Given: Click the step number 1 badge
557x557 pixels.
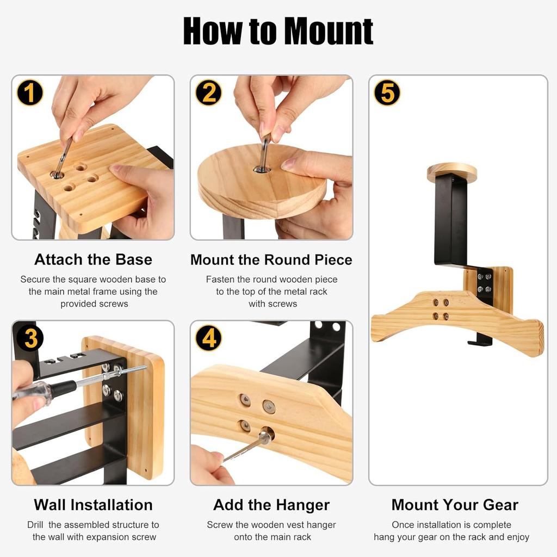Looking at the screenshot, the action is pos(30,92).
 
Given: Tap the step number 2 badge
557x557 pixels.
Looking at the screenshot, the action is pos(209,92).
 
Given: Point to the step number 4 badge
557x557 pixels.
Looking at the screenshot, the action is pos(209,338).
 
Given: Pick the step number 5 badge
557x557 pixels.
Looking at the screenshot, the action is pos(387,92).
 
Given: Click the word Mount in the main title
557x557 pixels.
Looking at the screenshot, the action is pos(329,31).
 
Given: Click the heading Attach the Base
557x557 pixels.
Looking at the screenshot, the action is pos(93,259).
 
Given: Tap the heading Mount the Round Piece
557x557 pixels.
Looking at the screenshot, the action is pos(271,259).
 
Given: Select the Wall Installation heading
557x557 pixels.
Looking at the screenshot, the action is pos(93,505).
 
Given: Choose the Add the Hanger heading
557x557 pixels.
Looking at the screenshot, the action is pos(271,505).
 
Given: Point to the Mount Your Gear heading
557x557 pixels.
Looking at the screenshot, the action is pos(455,505).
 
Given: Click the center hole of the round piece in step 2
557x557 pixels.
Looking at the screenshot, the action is pos(262,170).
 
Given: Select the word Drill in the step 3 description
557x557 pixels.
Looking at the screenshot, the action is pos(35,525).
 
